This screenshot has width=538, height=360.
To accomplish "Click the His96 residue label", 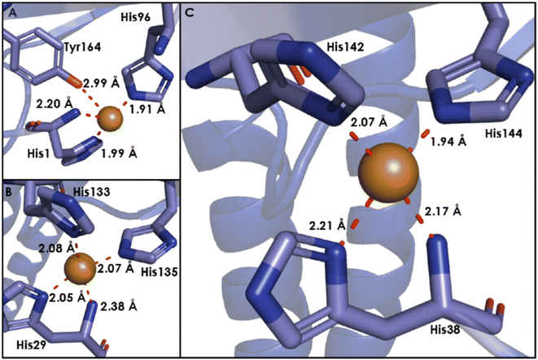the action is tap(136, 17).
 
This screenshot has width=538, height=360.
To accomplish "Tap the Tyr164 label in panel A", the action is tap(82, 47).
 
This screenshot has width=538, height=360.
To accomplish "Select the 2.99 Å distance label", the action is tap(102, 82).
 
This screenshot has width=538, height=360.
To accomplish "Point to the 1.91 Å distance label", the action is tap(147, 108).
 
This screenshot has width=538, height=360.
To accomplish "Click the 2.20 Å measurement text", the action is tap(54, 103).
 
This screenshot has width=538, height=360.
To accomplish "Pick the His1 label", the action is tap(38, 154).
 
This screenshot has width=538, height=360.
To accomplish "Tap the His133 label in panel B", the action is tap(92, 191).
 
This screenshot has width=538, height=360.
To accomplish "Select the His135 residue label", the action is tap(160, 272).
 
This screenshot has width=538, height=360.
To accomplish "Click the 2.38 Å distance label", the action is tap(119, 305).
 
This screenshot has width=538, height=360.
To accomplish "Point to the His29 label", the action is tap(31, 345).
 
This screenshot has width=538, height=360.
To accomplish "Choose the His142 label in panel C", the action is tap(345, 47).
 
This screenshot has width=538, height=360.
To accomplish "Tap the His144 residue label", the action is tap(503, 133).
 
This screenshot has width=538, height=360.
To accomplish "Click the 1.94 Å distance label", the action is tap(448, 141).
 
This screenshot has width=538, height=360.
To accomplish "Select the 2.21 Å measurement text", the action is tap(327, 225).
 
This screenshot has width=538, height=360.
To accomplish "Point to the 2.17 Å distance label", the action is tap(443, 211).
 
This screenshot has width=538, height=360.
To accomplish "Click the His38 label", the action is tap(445, 329).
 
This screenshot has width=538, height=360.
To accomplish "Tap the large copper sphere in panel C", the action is tap(389, 173).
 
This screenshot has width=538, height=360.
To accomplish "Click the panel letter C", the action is tap(190, 13).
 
